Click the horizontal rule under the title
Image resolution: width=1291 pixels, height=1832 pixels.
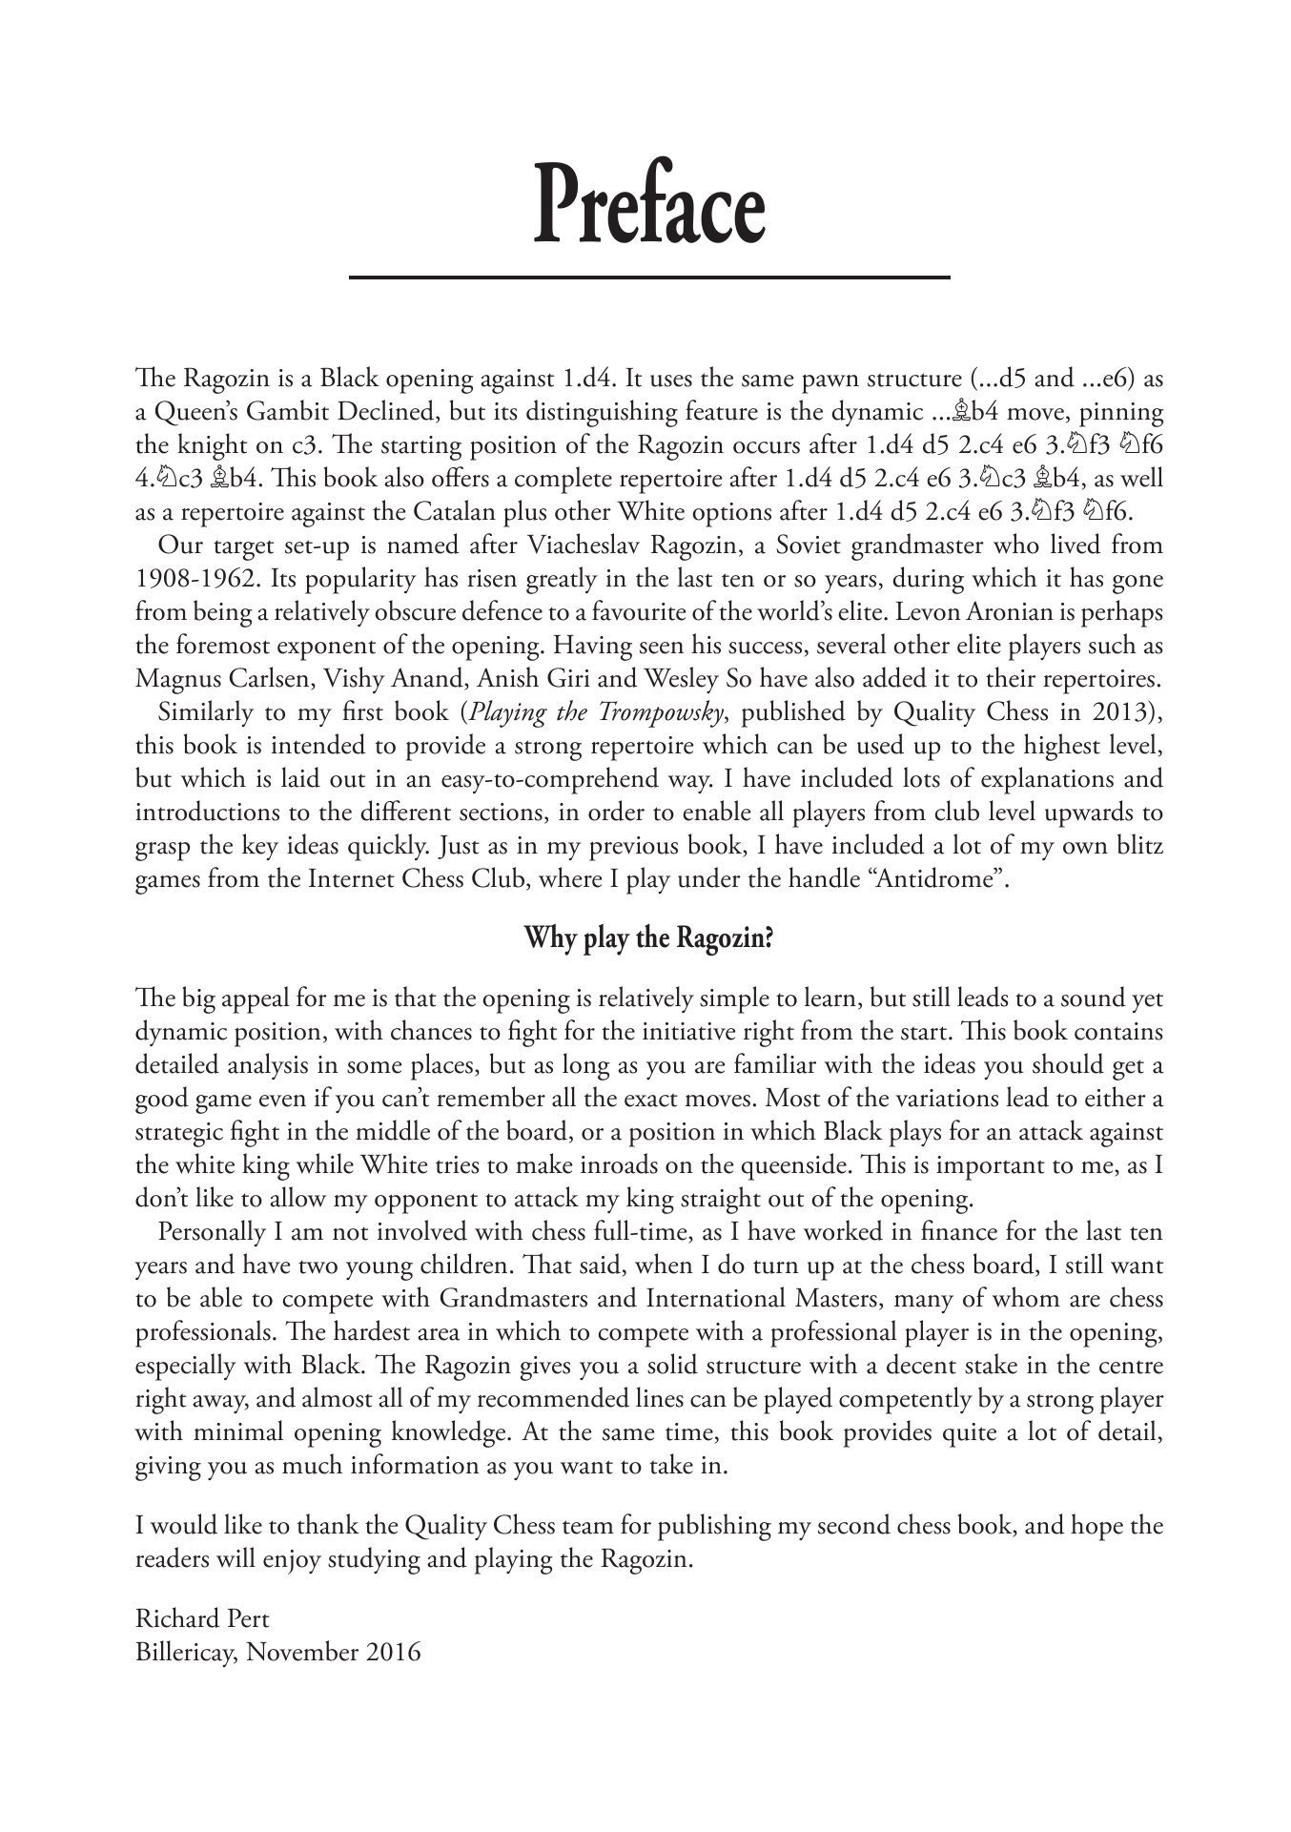point(649,277)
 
